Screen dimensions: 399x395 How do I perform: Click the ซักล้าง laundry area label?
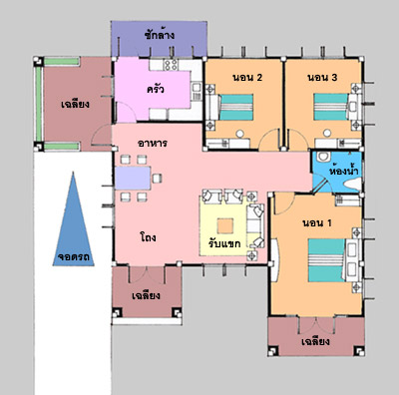click(160, 35)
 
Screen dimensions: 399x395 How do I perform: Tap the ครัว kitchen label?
click(156, 89)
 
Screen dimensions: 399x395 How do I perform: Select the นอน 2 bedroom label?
click(247, 78)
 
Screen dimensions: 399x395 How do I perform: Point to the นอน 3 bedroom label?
click(322, 78)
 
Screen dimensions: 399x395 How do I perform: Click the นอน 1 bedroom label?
click(317, 222)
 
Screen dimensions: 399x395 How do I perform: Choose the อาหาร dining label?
click(153, 144)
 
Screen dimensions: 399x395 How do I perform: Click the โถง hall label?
click(148, 237)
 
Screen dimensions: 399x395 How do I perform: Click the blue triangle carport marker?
click(73, 229)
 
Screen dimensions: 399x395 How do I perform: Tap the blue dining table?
click(133, 178)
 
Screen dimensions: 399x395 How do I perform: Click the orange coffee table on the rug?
click(225, 226)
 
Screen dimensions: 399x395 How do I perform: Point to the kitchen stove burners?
click(171, 65)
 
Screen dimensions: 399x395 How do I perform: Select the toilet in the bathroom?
click(322, 158)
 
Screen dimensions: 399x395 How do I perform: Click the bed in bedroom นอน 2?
click(236, 107)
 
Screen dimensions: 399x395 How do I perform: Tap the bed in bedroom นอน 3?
click(331, 107)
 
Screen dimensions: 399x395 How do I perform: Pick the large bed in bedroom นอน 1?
click(326, 260)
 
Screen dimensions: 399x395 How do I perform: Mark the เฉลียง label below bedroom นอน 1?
click(315, 341)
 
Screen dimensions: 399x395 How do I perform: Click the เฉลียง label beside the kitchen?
click(75, 104)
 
